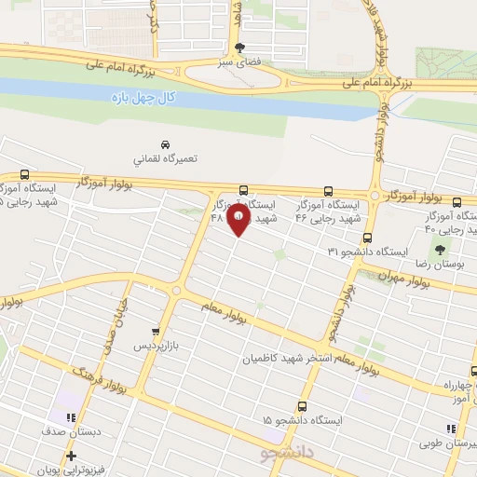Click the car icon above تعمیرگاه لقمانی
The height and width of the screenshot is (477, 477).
tap(164, 145)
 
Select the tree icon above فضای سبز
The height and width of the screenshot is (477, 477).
tap(241, 48)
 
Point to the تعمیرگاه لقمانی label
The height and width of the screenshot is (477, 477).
tap(164, 159)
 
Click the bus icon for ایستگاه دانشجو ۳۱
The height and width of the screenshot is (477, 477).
tap(368, 238)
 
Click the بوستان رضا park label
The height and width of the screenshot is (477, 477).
tap(437, 266)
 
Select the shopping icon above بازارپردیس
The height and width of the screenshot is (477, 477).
tap(157, 332)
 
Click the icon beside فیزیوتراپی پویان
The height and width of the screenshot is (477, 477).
tap(71, 456)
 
